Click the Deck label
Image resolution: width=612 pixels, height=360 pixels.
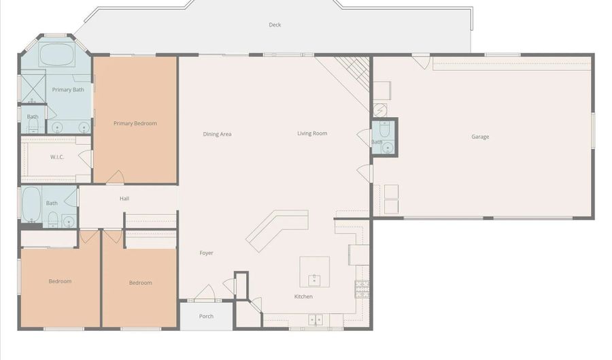click(x=275, y=25)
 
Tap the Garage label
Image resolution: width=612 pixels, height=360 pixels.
click(x=480, y=137)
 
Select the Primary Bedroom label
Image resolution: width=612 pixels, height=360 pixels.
click(x=135, y=124)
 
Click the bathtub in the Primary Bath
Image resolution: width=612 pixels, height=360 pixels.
click(x=56, y=54)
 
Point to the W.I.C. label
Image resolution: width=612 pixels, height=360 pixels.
click(x=57, y=157)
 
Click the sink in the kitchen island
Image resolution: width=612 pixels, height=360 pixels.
click(x=314, y=279)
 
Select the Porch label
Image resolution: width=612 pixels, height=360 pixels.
click(x=206, y=316)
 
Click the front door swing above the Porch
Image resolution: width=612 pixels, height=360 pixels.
click(x=205, y=293)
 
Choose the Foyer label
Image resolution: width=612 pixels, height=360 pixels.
click(x=206, y=253)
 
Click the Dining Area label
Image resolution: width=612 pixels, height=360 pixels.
click(x=217, y=134)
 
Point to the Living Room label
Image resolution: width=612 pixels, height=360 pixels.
click(x=312, y=133)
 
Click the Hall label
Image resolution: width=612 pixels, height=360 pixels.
click(x=124, y=199)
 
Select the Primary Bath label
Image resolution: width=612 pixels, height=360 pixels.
click(x=68, y=90)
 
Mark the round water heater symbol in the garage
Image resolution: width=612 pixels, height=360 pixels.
click(x=380, y=110)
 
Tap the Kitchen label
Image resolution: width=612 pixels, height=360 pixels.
click(x=303, y=297)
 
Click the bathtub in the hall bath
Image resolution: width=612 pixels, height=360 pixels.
click(x=32, y=203)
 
